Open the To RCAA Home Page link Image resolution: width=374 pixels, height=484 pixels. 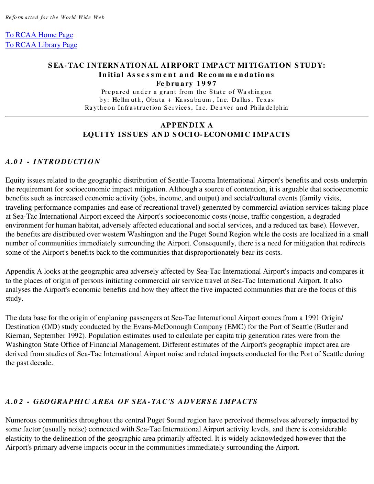39,35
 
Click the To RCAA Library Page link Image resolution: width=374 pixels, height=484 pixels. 41,45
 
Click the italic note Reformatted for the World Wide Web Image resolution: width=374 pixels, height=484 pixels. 55,17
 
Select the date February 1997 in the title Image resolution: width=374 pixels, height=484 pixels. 186,84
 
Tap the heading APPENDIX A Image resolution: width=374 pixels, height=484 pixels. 187,125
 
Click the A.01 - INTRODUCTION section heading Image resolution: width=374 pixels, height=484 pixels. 53,162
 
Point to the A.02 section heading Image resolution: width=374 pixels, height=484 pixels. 131,401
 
